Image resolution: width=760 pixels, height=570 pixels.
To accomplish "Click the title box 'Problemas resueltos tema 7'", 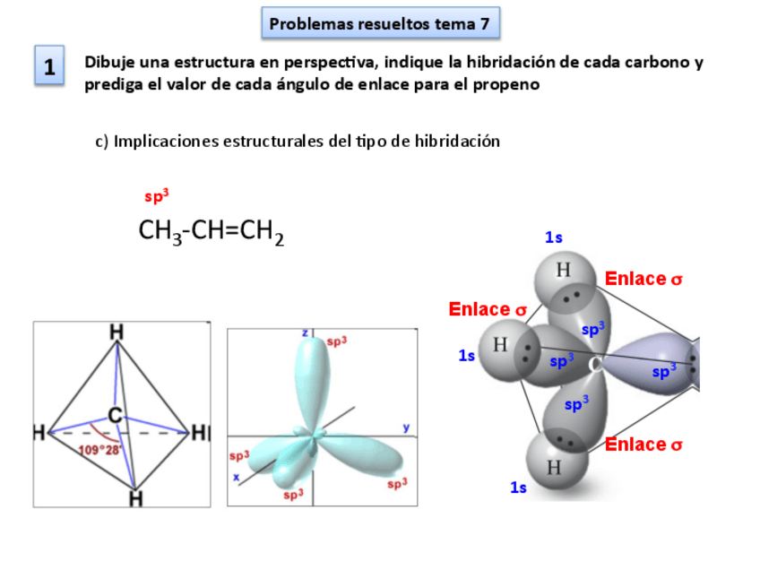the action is [380, 24].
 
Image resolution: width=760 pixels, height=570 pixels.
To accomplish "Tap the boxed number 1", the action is [49, 67].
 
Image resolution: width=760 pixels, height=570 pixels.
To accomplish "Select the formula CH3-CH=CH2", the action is [211, 232].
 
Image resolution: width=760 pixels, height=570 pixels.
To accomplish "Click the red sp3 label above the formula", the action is [157, 196].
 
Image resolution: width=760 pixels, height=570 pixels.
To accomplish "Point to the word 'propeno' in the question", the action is [509, 85].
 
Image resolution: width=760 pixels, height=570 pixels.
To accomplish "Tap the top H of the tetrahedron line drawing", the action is [117, 332].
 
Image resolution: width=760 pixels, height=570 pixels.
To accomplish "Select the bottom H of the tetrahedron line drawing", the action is [135, 497].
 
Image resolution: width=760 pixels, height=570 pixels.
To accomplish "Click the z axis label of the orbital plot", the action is [305, 332].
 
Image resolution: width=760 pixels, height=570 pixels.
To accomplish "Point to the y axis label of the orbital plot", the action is [407, 427].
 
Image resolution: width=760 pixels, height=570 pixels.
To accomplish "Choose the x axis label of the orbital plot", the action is [237, 478].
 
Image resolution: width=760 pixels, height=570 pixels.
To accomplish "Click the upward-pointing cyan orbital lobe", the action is [314, 376].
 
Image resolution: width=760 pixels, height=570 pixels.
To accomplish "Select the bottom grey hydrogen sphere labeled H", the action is [554, 466].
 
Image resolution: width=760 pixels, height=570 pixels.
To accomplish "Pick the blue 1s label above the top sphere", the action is [554, 237].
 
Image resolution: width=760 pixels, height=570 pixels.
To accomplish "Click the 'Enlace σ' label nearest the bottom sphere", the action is [643, 445].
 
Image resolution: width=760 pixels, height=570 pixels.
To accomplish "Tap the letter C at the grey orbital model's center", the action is [595, 364].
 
